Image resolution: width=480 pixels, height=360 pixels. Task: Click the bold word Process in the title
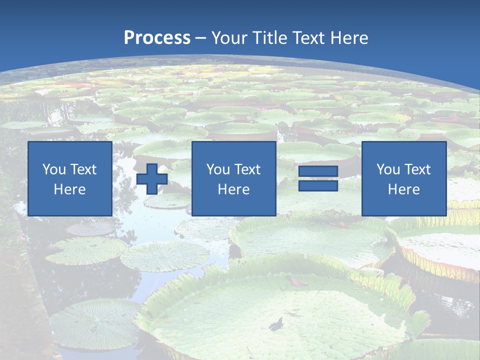coord(157,38)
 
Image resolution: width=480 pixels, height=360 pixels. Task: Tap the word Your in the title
coord(228,38)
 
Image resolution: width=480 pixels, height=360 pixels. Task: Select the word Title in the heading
coord(269,38)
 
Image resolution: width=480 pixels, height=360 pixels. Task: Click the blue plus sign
coord(152,179)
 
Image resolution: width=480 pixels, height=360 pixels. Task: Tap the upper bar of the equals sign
coord(318,171)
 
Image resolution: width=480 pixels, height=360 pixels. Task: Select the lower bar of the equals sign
coord(318,185)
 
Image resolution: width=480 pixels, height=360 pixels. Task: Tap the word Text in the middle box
coord(247,169)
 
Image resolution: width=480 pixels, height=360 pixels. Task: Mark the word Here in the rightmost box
coord(403,189)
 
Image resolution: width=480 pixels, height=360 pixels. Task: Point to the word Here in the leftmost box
coord(70,189)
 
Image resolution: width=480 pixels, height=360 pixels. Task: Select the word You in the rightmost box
coord(388,169)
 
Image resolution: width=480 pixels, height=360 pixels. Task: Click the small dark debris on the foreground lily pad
coord(276,324)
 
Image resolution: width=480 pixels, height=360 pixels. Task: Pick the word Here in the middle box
coord(233,189)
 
